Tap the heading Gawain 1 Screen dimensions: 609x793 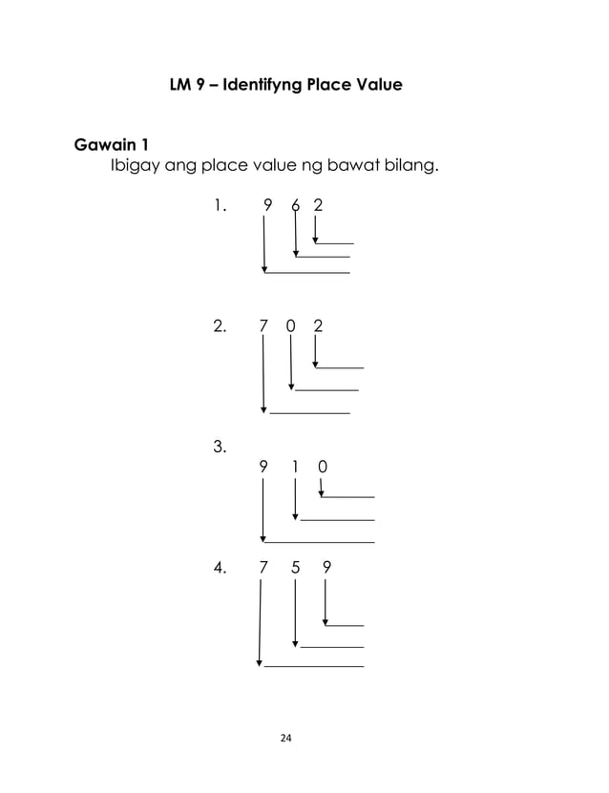coord(111,146)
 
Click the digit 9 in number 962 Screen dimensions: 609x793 coord(267,204)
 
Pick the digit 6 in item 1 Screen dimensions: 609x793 coord(296,204)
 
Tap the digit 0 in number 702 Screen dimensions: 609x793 coord(290,326)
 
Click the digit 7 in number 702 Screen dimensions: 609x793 coord(262,326)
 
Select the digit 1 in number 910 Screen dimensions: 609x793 coord(296,467)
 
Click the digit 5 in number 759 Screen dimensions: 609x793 coord(296,568)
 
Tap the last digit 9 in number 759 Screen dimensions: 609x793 coord(327,568)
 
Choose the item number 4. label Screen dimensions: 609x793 coord(220,568)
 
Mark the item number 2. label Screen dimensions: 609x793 coord(220,326)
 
